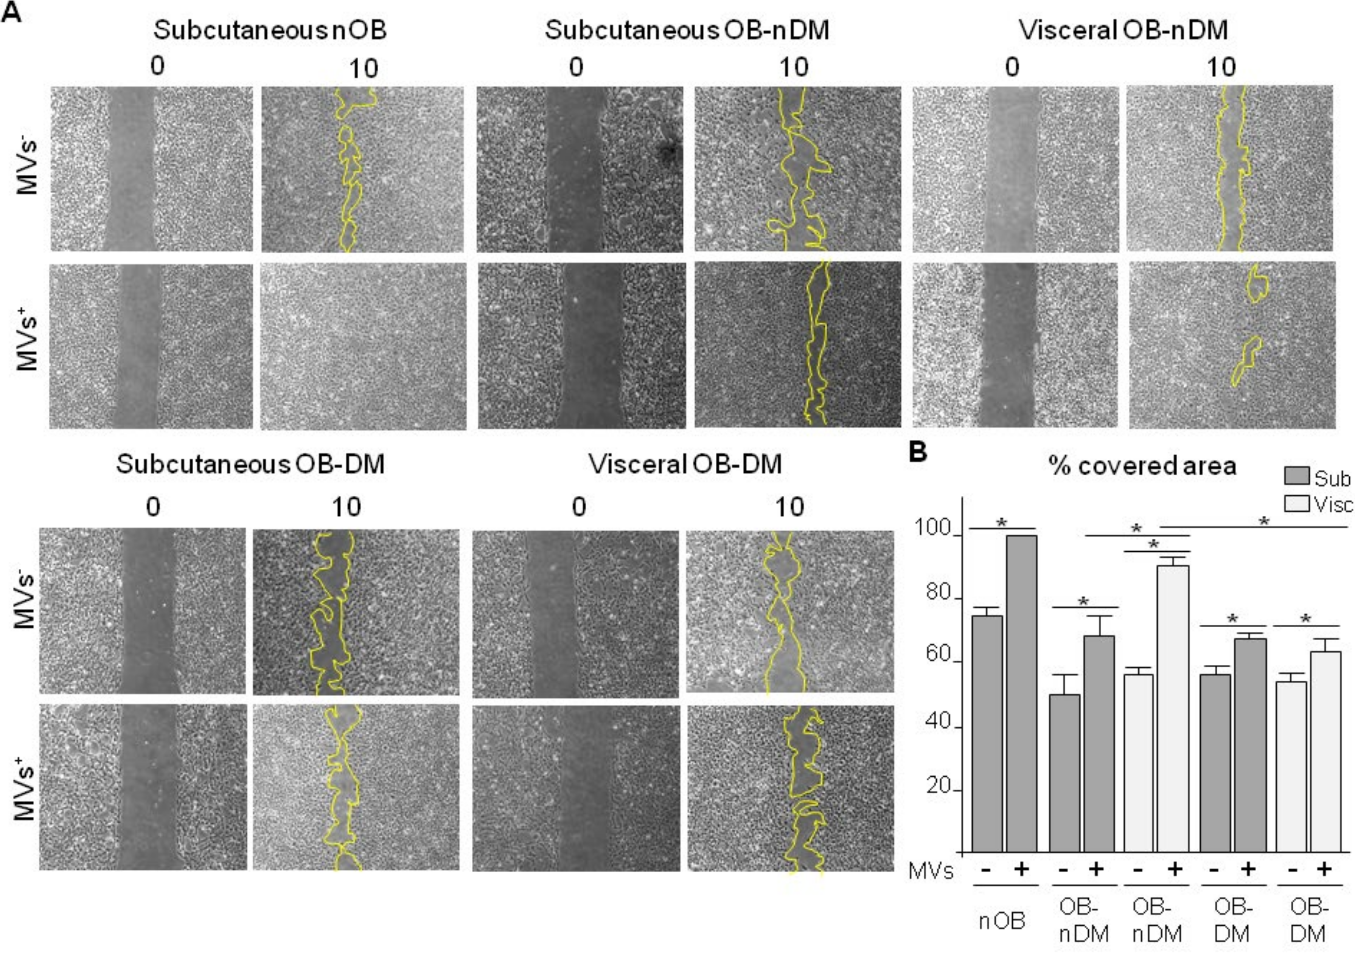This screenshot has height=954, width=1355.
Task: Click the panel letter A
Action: [x=12, y=13]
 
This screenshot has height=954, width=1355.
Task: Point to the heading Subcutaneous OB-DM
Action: [x=250, y=464]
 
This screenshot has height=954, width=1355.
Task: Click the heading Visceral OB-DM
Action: [x=686, y=464]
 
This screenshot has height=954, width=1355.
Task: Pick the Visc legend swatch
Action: [x=1297, y=504]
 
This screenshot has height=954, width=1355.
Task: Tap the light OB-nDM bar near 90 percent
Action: [x=1173, y=708]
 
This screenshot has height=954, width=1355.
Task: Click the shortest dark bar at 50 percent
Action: [x=1064, y=773]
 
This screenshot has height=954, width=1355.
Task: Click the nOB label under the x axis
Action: [x=1001, y=920]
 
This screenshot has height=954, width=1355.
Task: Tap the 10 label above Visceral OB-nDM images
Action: [x=1220, y=68]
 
